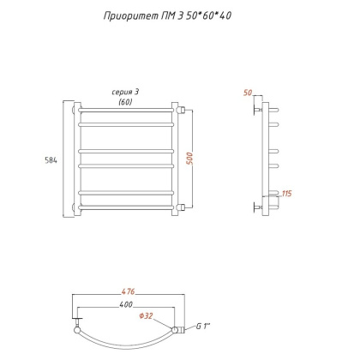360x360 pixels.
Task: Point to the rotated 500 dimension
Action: click(201, 159)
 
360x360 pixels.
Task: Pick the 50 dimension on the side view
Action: click(249, 93)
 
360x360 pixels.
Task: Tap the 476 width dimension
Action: click(128, 291)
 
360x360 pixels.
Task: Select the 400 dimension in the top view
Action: click(127, 305)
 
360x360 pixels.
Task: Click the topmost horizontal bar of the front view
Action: click(128, 111)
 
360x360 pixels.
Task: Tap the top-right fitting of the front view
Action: click(182, 110)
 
